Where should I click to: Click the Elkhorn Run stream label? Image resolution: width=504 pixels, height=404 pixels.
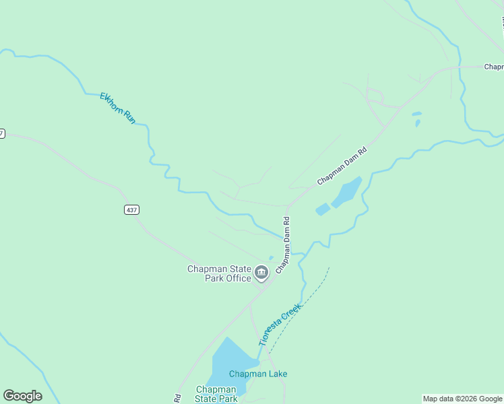pyautogui.click(x=118, y=107)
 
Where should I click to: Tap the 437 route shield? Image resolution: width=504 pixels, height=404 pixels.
pyautogui.click(x=131, y=210)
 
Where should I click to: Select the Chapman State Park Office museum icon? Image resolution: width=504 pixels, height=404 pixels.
pyautogui.click(x=261, y=273)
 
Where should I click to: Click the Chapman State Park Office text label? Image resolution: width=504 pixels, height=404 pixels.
pyautogui.click(x=219, y=273)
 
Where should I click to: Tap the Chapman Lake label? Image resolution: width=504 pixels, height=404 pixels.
pyautogui.click(x=258, y=374)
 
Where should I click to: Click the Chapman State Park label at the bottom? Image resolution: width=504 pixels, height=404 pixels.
pyautogui.click(x=216, y=394)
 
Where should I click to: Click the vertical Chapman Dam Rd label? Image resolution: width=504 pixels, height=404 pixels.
pyautogui.click(x=283, y=244)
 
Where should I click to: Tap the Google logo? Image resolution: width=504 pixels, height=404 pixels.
pyautogui.click(x=23, y=396)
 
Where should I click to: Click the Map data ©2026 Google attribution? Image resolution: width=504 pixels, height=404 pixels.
pyautogui.click(x=462, y=399)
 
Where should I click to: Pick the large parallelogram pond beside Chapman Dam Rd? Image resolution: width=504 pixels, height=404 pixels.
pyautogui.click(x=346, y=192)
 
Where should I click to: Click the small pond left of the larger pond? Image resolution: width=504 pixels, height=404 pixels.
pyautogui.click(x=323, y=209)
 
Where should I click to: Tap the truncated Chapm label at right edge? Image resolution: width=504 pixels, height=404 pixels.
pyautogui.click(x=493, y=67)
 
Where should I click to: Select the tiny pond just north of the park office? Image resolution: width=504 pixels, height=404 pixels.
pyautogui.click(x=271, y=257)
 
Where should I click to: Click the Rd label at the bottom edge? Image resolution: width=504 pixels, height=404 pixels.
pyautogui.click(x=178, y=398)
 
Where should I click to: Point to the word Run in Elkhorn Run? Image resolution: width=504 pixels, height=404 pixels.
pyautogui.click(x=129, y=116)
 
